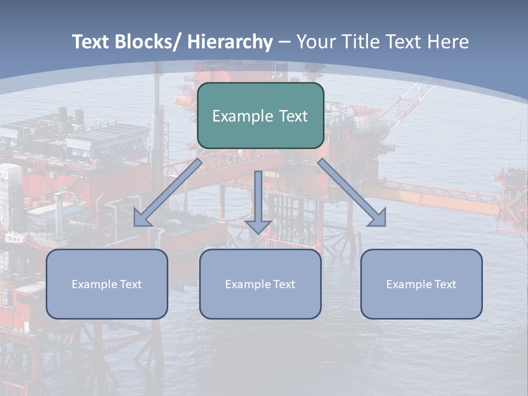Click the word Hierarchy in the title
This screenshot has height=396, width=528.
(230, 42)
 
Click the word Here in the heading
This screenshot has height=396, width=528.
(448, 42)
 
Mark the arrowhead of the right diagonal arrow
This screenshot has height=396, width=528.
(378, 218)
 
